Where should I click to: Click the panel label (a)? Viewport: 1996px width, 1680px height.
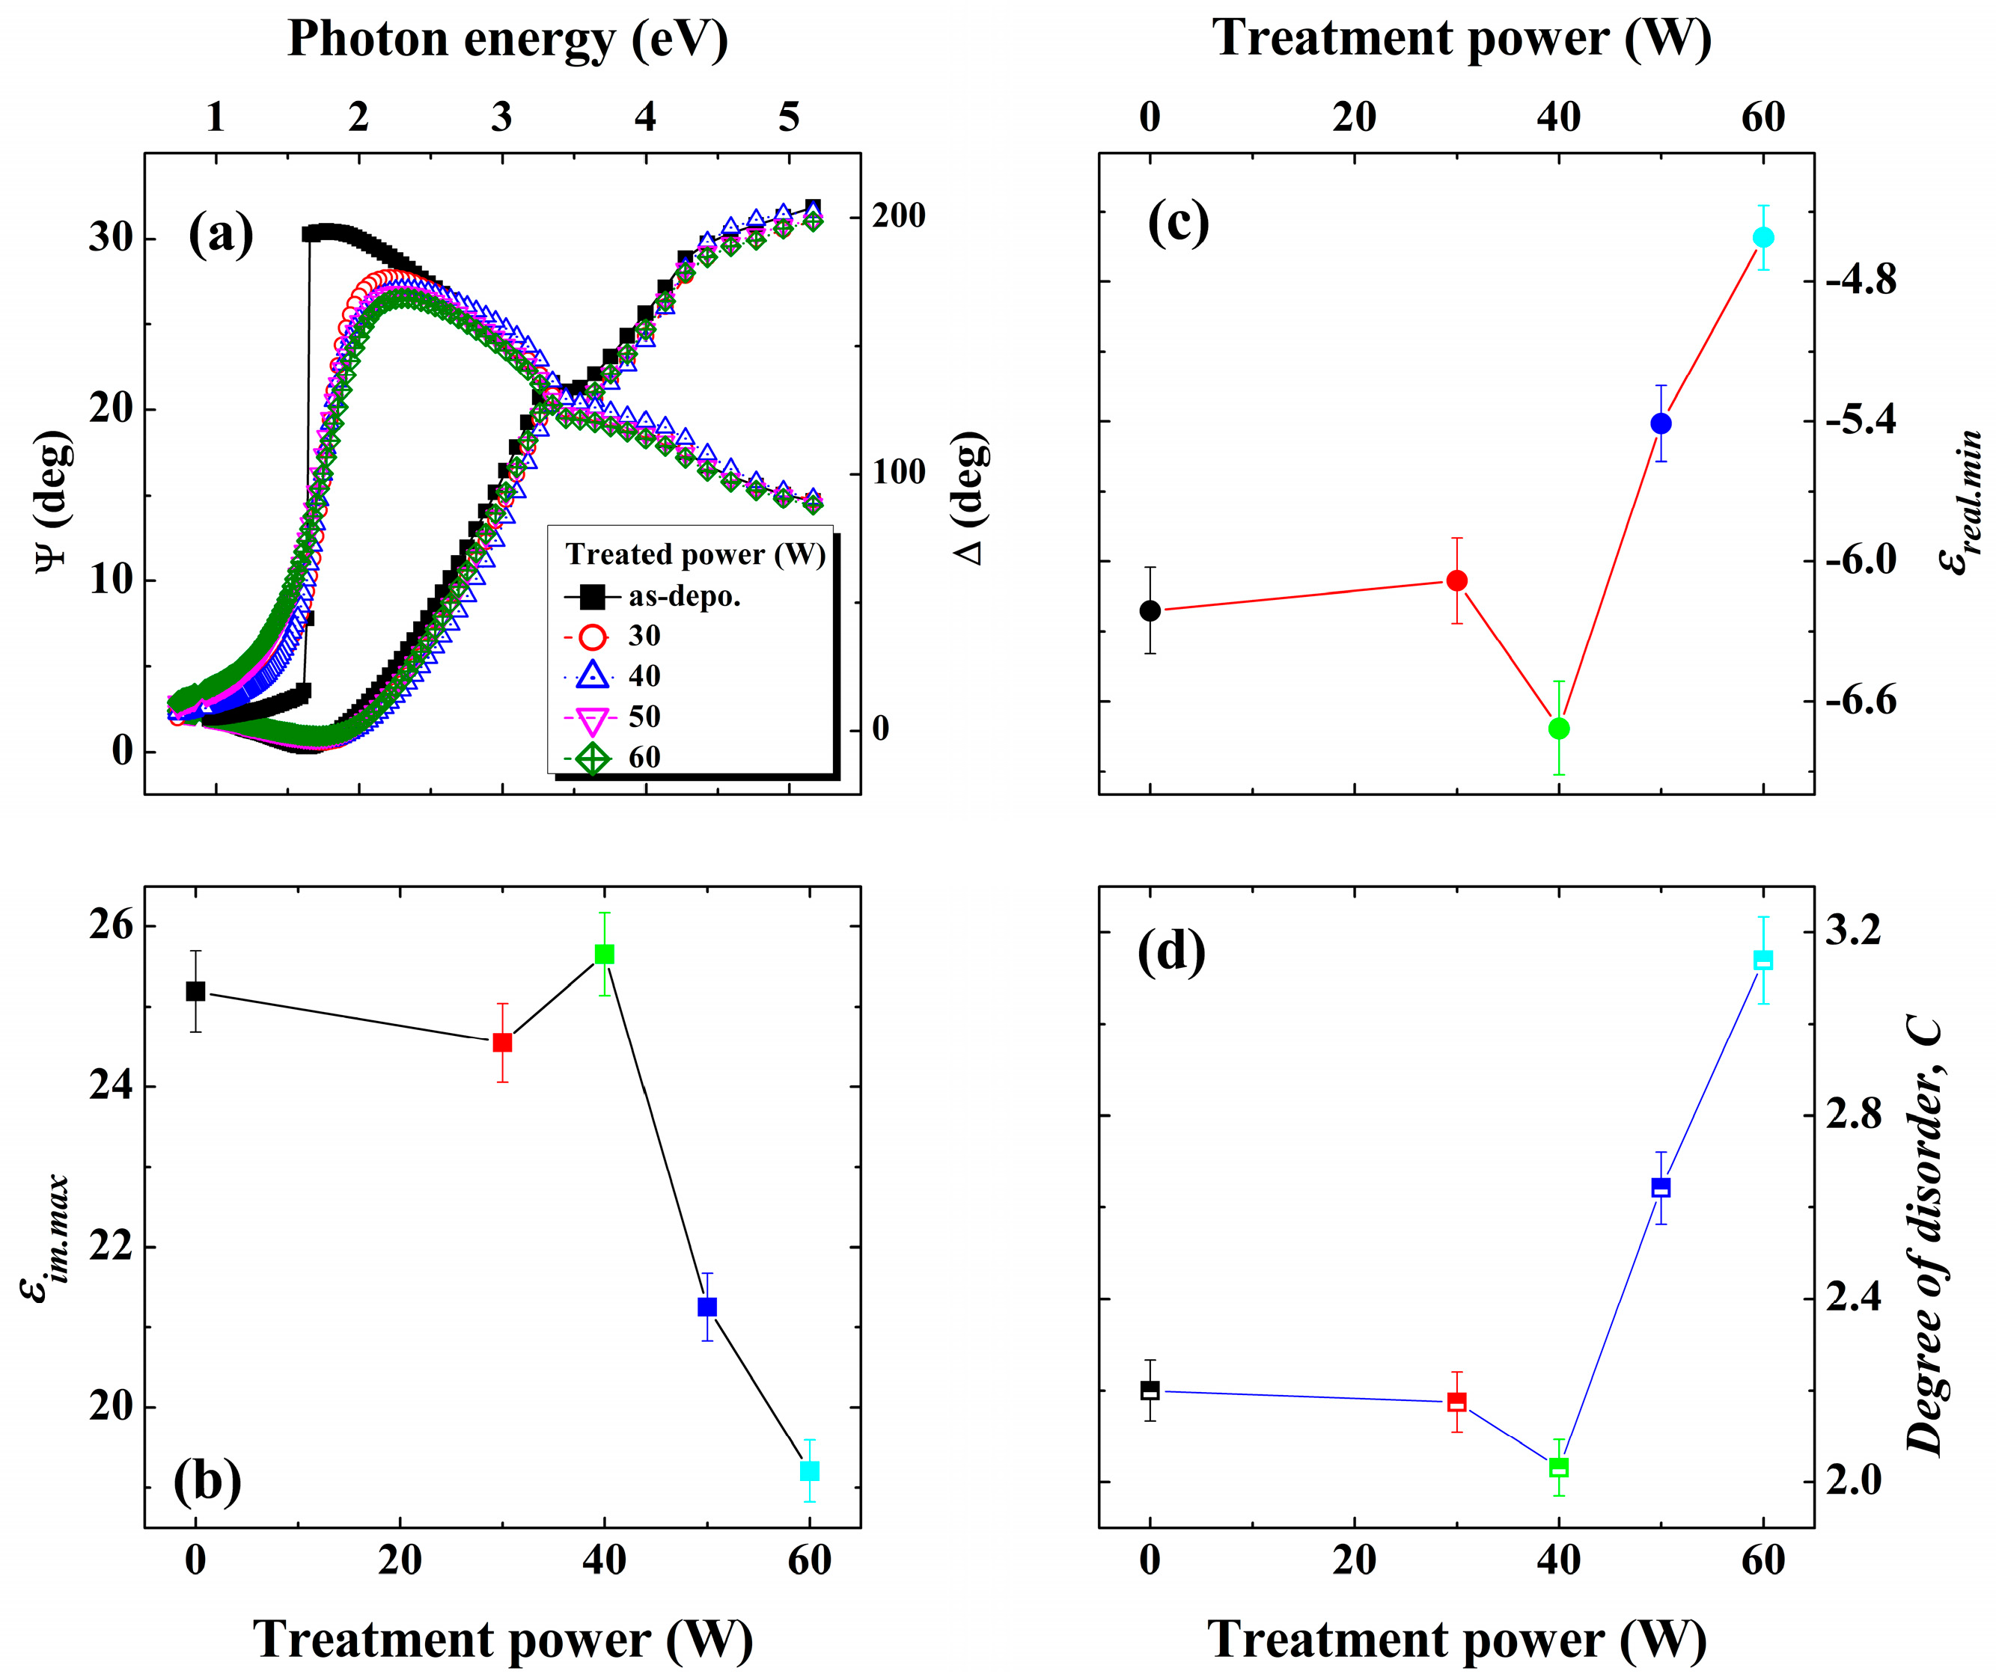click(x=220, y=233)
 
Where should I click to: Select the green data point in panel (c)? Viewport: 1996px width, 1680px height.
click(x=1559, y=729)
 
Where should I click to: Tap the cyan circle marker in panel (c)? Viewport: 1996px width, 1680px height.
click(x=1762, y=237)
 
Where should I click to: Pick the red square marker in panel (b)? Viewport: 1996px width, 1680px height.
click(x=502, y=1043)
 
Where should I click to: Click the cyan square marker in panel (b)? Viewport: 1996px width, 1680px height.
click(x=809, y=1471)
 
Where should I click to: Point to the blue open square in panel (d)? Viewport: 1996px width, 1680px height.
click(x=1661, y=1188)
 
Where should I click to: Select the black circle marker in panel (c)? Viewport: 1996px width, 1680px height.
click(x=1150, y=610)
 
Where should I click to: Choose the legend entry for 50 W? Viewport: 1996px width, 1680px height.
click(x=644, y=716)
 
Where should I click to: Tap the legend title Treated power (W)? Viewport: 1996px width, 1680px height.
click(x=695, y=554)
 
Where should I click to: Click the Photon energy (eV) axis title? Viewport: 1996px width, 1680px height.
click(x=507, y=40)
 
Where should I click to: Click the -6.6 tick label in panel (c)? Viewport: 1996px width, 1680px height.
click(x=1860, y=702)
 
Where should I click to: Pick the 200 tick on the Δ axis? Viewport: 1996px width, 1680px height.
click(x=898, y=216)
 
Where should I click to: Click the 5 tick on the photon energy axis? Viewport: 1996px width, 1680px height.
click(x=788, y=117)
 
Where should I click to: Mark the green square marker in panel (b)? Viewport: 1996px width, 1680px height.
click(x=604, y=954)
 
